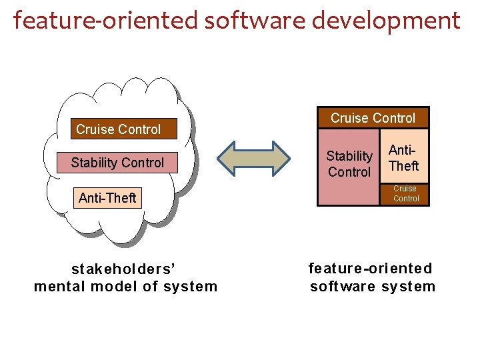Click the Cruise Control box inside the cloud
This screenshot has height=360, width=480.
pos(119,129)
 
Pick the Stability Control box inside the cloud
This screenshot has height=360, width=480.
pos(117,162)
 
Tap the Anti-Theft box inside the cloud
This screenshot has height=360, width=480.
pos(107,198)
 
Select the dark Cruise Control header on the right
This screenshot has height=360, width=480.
pos(373,118)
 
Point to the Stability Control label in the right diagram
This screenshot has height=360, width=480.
pos(349,164)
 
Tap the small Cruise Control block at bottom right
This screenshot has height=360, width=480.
pos(405,193)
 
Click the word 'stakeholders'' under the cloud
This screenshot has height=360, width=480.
pos(123,269)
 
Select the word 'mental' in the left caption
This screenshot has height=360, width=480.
pos(59,287)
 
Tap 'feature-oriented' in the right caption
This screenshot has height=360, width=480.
pos(370,269)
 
